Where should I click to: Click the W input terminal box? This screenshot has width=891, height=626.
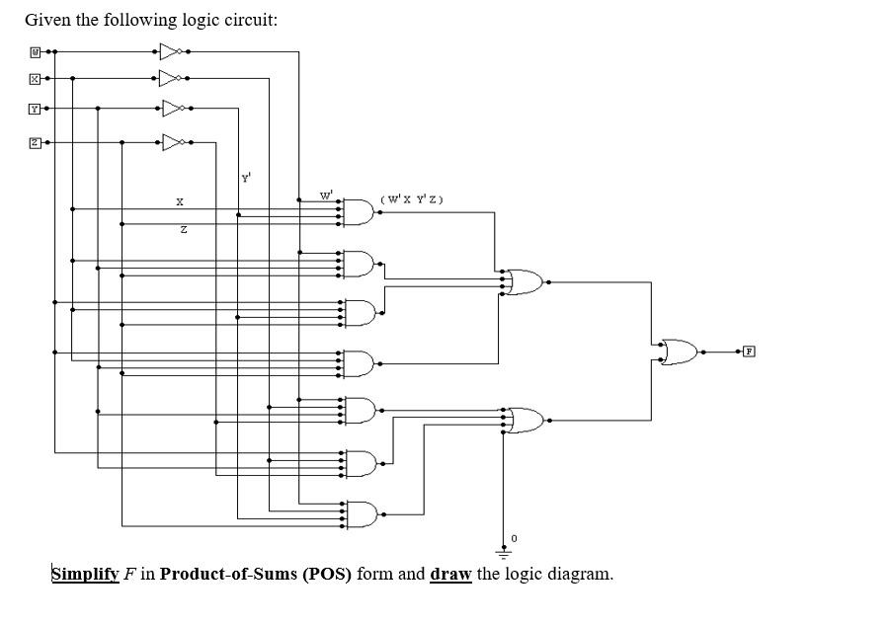[36, 50]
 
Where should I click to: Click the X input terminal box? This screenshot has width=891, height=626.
[36, 78]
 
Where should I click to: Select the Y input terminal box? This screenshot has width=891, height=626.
[36, 109]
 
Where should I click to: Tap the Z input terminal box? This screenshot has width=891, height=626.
[36, 142]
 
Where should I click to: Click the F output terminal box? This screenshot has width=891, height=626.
[750, 351]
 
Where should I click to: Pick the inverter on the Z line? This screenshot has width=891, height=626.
[174, 142]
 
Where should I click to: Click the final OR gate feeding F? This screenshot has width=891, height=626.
[681, 351]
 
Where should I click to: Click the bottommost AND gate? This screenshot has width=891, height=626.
[360, 514]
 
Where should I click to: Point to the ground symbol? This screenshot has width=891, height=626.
[505, 553]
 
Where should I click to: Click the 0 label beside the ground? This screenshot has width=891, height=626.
[514, 539]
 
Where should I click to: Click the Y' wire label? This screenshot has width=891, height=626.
[245, 179]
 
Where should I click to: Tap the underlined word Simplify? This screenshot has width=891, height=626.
[85, 574]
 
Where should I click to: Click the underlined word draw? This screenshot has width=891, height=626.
[450, 574]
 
